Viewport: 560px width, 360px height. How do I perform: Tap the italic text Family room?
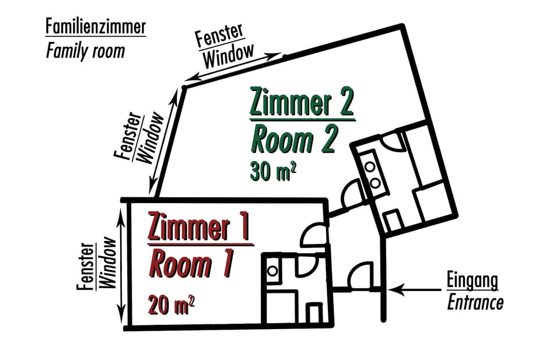point(85,51)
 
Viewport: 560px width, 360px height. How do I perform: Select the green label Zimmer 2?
point(302,103)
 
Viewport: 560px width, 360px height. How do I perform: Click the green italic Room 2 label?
point(295,139)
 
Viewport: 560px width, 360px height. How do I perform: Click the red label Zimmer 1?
point(199,227)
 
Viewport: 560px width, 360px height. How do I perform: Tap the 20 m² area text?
point(171,305)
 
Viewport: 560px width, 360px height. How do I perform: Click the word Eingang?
point(473,280)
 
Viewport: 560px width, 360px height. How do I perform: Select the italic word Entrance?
point(475,303)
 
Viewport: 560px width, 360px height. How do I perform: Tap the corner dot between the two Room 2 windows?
point(183,88)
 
